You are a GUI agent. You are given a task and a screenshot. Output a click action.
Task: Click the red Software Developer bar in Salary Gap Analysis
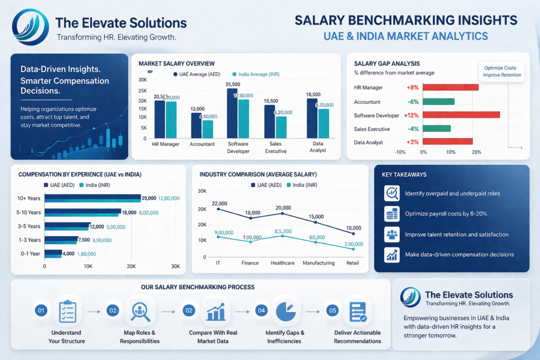tap(461, 115)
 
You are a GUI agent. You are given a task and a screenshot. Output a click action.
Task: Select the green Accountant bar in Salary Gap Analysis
tap(438, 101)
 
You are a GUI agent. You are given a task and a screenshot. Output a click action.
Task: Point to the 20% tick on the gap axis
tap(477, 152)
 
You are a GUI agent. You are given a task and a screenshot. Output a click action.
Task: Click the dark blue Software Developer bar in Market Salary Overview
tap(232, 113)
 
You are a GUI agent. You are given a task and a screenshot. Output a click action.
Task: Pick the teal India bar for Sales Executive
tap(281, 127)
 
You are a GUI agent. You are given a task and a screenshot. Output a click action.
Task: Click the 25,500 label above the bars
tap(233, 84)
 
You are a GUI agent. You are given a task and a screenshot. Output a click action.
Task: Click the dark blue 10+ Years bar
tap(92, 197)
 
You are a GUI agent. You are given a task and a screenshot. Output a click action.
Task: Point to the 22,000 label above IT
tap(219, 203)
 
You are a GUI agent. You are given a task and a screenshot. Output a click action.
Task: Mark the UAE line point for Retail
tap(353, 233)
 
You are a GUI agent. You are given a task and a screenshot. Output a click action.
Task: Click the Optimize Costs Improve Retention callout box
tap(502, 71)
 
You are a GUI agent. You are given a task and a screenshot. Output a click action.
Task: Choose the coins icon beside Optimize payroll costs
tap(392, 214)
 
